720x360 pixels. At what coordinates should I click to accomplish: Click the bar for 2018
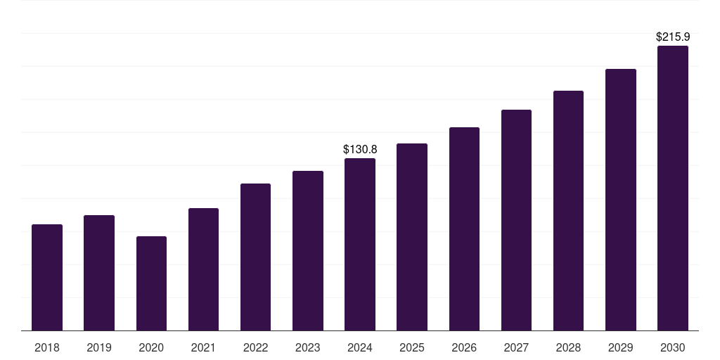[47, 277]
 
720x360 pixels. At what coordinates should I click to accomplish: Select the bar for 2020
[151, 283]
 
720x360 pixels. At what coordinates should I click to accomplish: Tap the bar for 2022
[255, 257]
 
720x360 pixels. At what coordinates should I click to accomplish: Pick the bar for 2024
[360, 244]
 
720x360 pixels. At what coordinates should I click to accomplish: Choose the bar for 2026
[464, 229]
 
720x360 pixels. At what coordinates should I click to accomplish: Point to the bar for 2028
[568, 210]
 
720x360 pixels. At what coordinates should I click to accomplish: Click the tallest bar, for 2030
[672, 188]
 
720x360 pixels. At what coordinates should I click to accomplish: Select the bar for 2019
[99, 273]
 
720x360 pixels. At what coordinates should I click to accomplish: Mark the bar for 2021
[203, 269]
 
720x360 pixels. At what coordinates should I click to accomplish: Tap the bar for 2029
[620, 200]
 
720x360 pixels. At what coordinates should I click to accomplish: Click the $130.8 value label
[360, 149]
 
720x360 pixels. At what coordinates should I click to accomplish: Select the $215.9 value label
[672, 37]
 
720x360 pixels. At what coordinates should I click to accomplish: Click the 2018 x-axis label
[47, 347]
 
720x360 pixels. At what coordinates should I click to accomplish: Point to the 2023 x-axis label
[307, 347]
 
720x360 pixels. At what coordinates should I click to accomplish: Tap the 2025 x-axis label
[412, 347]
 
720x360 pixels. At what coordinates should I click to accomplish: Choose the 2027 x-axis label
[516, 347]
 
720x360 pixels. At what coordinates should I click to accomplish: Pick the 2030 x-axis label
[672, 347]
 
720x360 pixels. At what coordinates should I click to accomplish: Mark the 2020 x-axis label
[151, 347]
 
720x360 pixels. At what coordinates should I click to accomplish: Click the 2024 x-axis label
[360, 347]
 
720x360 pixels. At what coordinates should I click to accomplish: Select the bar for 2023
[307, 250]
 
